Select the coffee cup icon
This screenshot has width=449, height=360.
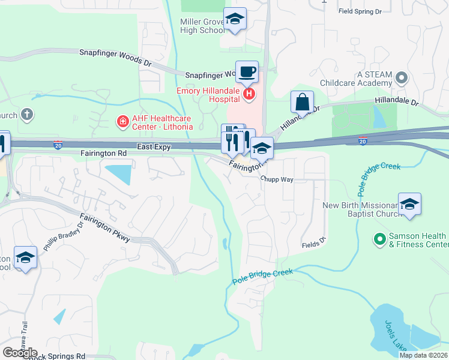click(247, 73)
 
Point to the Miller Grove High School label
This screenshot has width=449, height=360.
click(202, 26)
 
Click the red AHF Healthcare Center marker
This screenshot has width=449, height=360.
click(123, 122)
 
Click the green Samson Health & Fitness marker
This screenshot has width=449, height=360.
click(379, 239)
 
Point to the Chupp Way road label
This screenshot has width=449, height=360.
click(277, 179)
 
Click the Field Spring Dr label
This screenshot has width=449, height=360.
click(360, 11)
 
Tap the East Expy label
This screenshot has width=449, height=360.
click(153, 146)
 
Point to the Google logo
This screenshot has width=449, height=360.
click(20, 353)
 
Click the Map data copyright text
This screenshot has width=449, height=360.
click(423, 355)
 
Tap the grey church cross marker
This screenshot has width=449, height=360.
click(26, 113)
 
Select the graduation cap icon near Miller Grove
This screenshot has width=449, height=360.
click(235, 19)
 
